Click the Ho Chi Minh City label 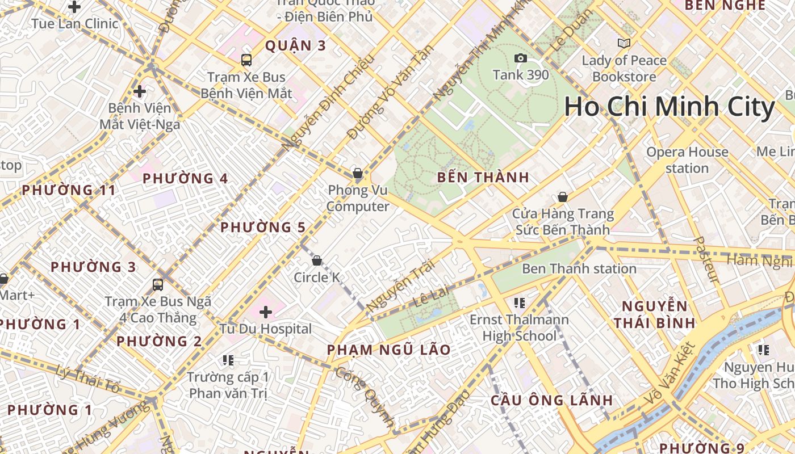click(x=670, y=107)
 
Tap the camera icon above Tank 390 click(x=520, y=58)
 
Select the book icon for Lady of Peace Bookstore click(x=624, y=43)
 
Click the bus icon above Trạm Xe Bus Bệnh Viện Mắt click(x=246, y=60)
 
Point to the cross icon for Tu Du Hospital click(x=266, y=312)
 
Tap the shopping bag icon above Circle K click(x=317, y=260)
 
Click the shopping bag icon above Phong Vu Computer click(x=358, y=173)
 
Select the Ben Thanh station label click(x=579, y=268)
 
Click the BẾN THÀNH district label click(x=483, y=178)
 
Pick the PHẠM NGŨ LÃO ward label click(x=389, y=350)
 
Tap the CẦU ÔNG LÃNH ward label click(x=551, y=400)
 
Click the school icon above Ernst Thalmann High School click(x=519, y=302)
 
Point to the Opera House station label click(x=687, y=160)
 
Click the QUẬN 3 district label click(x=295, y=46)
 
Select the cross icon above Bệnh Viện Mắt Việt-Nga click(x=140, y=91)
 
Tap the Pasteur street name click(x=706, y=260)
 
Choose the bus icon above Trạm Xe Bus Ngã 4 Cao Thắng click(x=158, y=284)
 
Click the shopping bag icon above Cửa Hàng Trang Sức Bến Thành click(x=563, y=197)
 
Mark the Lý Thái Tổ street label click(x=88, y=380)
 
